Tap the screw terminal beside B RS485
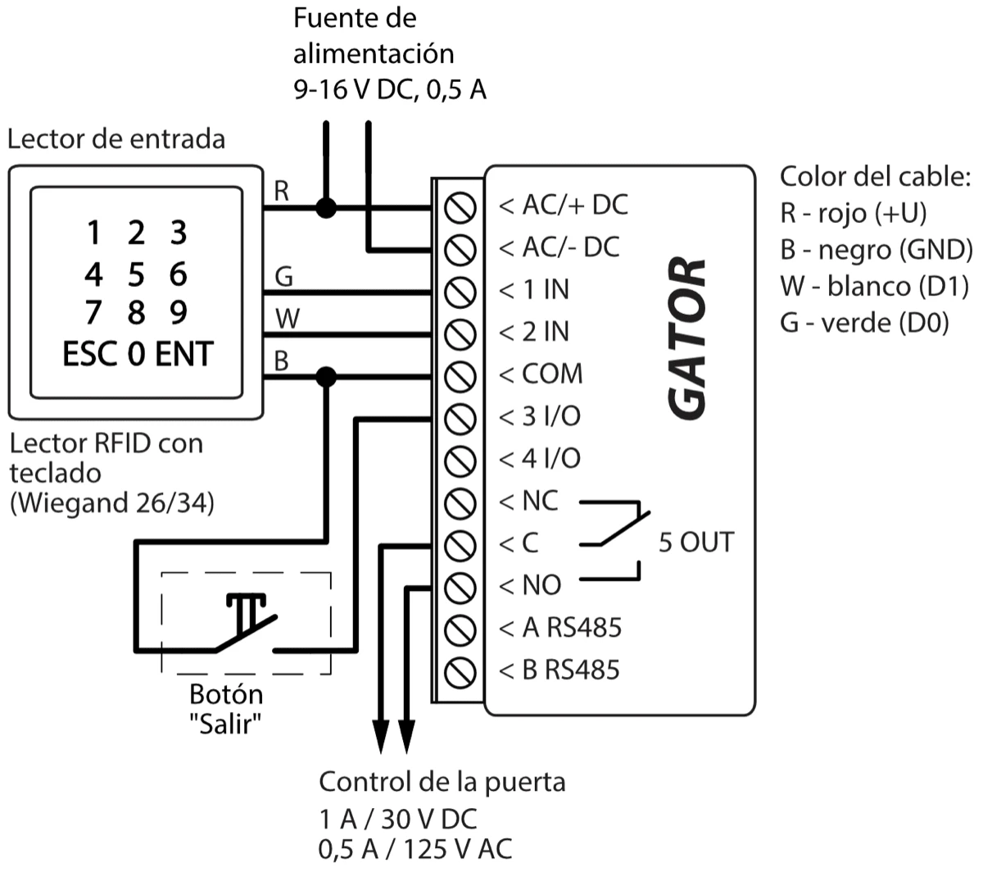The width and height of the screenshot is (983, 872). (460, 671)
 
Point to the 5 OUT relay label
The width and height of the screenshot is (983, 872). (696, 542)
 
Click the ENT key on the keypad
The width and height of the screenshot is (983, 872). (183, 354)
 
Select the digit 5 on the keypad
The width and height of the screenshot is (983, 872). (136, 274)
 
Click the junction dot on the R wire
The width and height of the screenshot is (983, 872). (326, 207)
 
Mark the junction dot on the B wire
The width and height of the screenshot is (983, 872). (326, 376)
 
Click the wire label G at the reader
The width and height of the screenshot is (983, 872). (283, 277)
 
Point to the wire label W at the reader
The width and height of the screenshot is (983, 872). (286, 319)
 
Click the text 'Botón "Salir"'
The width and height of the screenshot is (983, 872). (226, 709)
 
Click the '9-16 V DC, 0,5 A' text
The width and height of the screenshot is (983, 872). (390, 89)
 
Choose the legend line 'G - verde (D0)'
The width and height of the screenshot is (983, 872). (863, 323)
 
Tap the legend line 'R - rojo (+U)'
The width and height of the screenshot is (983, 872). (853, 213)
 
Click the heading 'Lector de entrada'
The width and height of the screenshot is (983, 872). (116, 139)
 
